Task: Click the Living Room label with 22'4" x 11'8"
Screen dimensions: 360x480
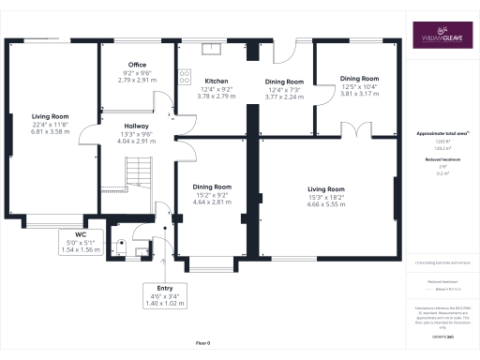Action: (52, 117)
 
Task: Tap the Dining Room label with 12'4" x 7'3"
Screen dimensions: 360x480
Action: (284, 82)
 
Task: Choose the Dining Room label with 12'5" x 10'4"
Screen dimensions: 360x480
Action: (359, 79)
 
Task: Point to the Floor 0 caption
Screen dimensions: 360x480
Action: (204, 343)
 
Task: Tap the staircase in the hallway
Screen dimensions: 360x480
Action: (138, 172)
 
